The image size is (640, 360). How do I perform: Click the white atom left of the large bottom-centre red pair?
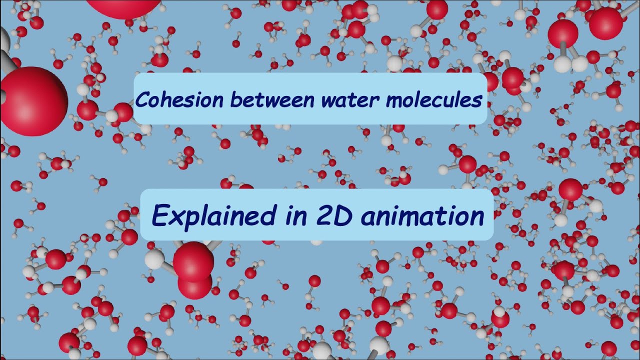pyautogui.click(x=155, y=259)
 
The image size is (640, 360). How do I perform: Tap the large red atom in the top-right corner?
pyautogui.click(x=605, y=23)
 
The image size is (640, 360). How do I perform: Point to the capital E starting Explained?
pyautogui.click(x=159, y=216)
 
